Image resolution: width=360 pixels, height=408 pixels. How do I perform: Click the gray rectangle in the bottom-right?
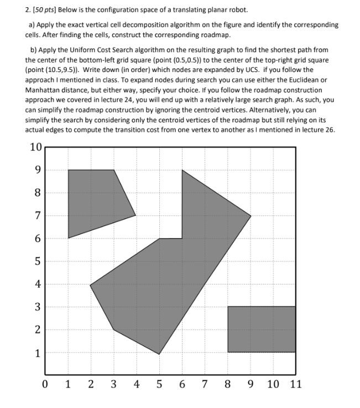[x=261, y=329]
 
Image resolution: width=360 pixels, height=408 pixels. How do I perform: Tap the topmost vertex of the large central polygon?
[x=182, y=170]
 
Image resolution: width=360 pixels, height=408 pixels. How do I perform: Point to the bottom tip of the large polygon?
[x=159, y=354]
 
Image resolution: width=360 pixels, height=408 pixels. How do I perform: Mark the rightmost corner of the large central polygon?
[x=251, y=216]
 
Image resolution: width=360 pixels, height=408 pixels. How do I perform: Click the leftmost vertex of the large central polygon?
[x=90, y=285]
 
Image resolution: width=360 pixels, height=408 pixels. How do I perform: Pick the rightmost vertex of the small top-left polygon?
[x=136, y=216]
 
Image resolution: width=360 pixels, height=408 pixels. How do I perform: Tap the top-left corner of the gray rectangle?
[x=228, y=307]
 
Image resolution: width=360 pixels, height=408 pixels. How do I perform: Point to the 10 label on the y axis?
[x=35, y=147]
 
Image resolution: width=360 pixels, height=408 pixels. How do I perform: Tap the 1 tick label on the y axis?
[x=38, y=353]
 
